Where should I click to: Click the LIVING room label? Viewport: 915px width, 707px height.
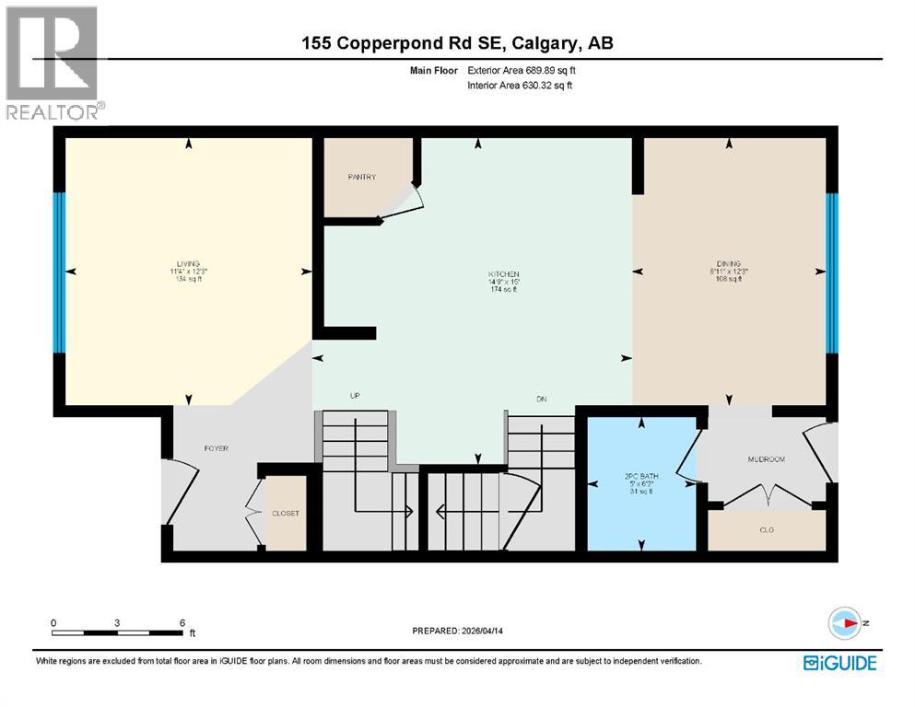coord(188,264)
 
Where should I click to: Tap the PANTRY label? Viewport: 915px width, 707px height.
coord(362,177)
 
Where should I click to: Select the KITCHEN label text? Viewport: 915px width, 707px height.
coord(504,274)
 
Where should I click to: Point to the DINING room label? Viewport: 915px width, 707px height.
coord(727,263)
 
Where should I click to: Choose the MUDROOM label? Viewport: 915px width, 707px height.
coord(766,458)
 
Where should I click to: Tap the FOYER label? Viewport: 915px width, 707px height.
coord(216,448)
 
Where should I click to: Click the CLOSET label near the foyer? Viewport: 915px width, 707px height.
coord(285,514)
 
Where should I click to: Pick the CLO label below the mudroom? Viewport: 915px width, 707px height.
coord(766,530)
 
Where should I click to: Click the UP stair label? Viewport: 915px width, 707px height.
coord(354,396)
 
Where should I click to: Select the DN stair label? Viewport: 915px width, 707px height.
coord(542,398)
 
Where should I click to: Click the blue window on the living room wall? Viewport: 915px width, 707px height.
coord(59,272)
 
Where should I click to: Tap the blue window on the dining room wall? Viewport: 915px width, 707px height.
coord(831,273)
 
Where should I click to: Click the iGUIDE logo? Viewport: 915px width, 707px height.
coord(839,662)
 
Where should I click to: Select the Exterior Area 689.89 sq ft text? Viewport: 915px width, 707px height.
coord(525,69)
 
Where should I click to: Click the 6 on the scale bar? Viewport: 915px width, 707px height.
coord(182,622)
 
